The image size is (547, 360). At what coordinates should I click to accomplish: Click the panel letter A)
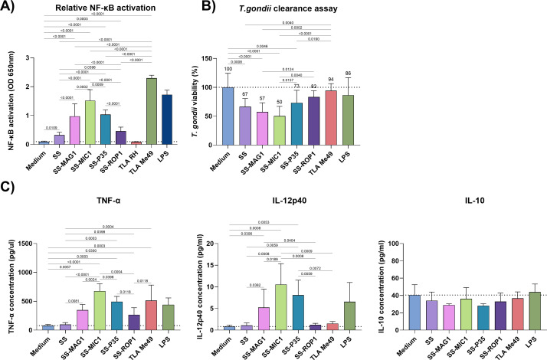tap(10, 7)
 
